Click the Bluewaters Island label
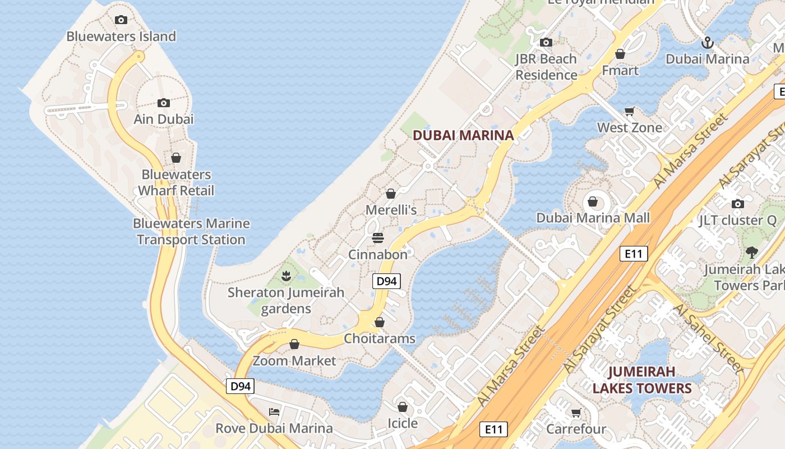point(121,36)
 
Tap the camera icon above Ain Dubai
point(164,103)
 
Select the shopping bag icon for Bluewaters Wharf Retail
point(176,158)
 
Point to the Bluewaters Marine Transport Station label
point(191,231)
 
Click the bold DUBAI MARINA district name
point(463,135)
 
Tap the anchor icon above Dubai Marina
point(708,43)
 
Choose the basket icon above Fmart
point(620,54)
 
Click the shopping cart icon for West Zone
point(630,112)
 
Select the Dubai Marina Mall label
point(593,218)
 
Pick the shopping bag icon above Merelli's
point(391,194)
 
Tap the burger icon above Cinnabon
point(377,238)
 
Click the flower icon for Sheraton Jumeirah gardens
point(286,276)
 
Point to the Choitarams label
point(380,338)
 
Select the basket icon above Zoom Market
point(294,344)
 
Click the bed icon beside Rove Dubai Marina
point(274,411)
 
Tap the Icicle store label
point(403,423)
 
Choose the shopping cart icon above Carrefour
point(576,413)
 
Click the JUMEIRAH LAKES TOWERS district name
point(642,380)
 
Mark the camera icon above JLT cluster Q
point(738,204)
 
